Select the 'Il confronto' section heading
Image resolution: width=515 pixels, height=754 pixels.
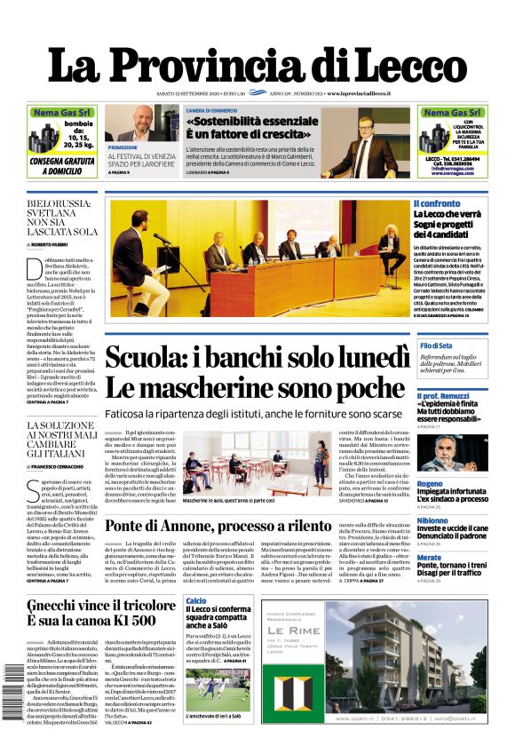(x=436, y=204)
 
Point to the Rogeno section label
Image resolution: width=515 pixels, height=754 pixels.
(x=430, y=484)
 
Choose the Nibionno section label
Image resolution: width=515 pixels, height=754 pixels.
(x=432, y=520)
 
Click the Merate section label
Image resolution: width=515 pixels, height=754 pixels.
(x=429, y=557)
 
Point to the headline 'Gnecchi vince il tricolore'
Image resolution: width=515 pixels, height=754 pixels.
(x=101, y=607)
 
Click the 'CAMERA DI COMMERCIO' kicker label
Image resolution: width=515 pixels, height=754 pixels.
(x=211, y=111)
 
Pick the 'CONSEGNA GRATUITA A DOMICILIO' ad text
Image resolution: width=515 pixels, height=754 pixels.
(x=62, y=166)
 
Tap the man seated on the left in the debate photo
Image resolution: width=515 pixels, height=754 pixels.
(x=134, y=263)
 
